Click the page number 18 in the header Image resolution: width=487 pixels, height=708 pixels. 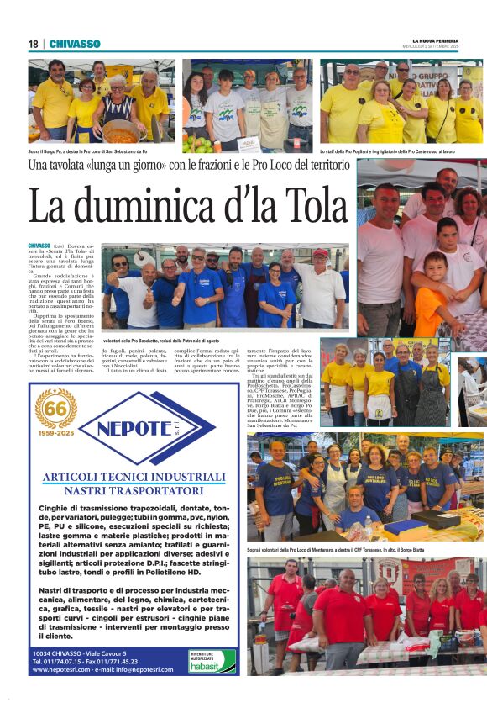coord(33,44)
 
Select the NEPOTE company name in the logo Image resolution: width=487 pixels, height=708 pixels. coord(144,426)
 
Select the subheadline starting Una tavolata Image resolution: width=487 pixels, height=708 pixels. coord(189,166)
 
